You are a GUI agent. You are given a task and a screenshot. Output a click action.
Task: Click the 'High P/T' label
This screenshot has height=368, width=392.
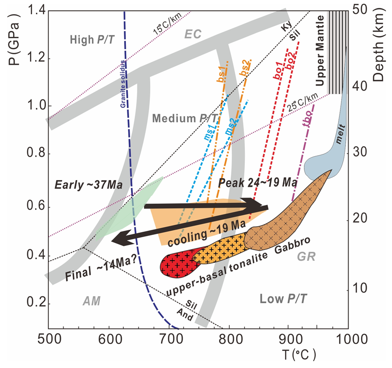pos(92,40)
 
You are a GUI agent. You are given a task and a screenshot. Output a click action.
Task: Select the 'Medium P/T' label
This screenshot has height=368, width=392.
pos(182,118)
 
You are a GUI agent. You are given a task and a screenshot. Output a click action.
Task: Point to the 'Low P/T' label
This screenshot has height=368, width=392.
pos(282,299)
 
